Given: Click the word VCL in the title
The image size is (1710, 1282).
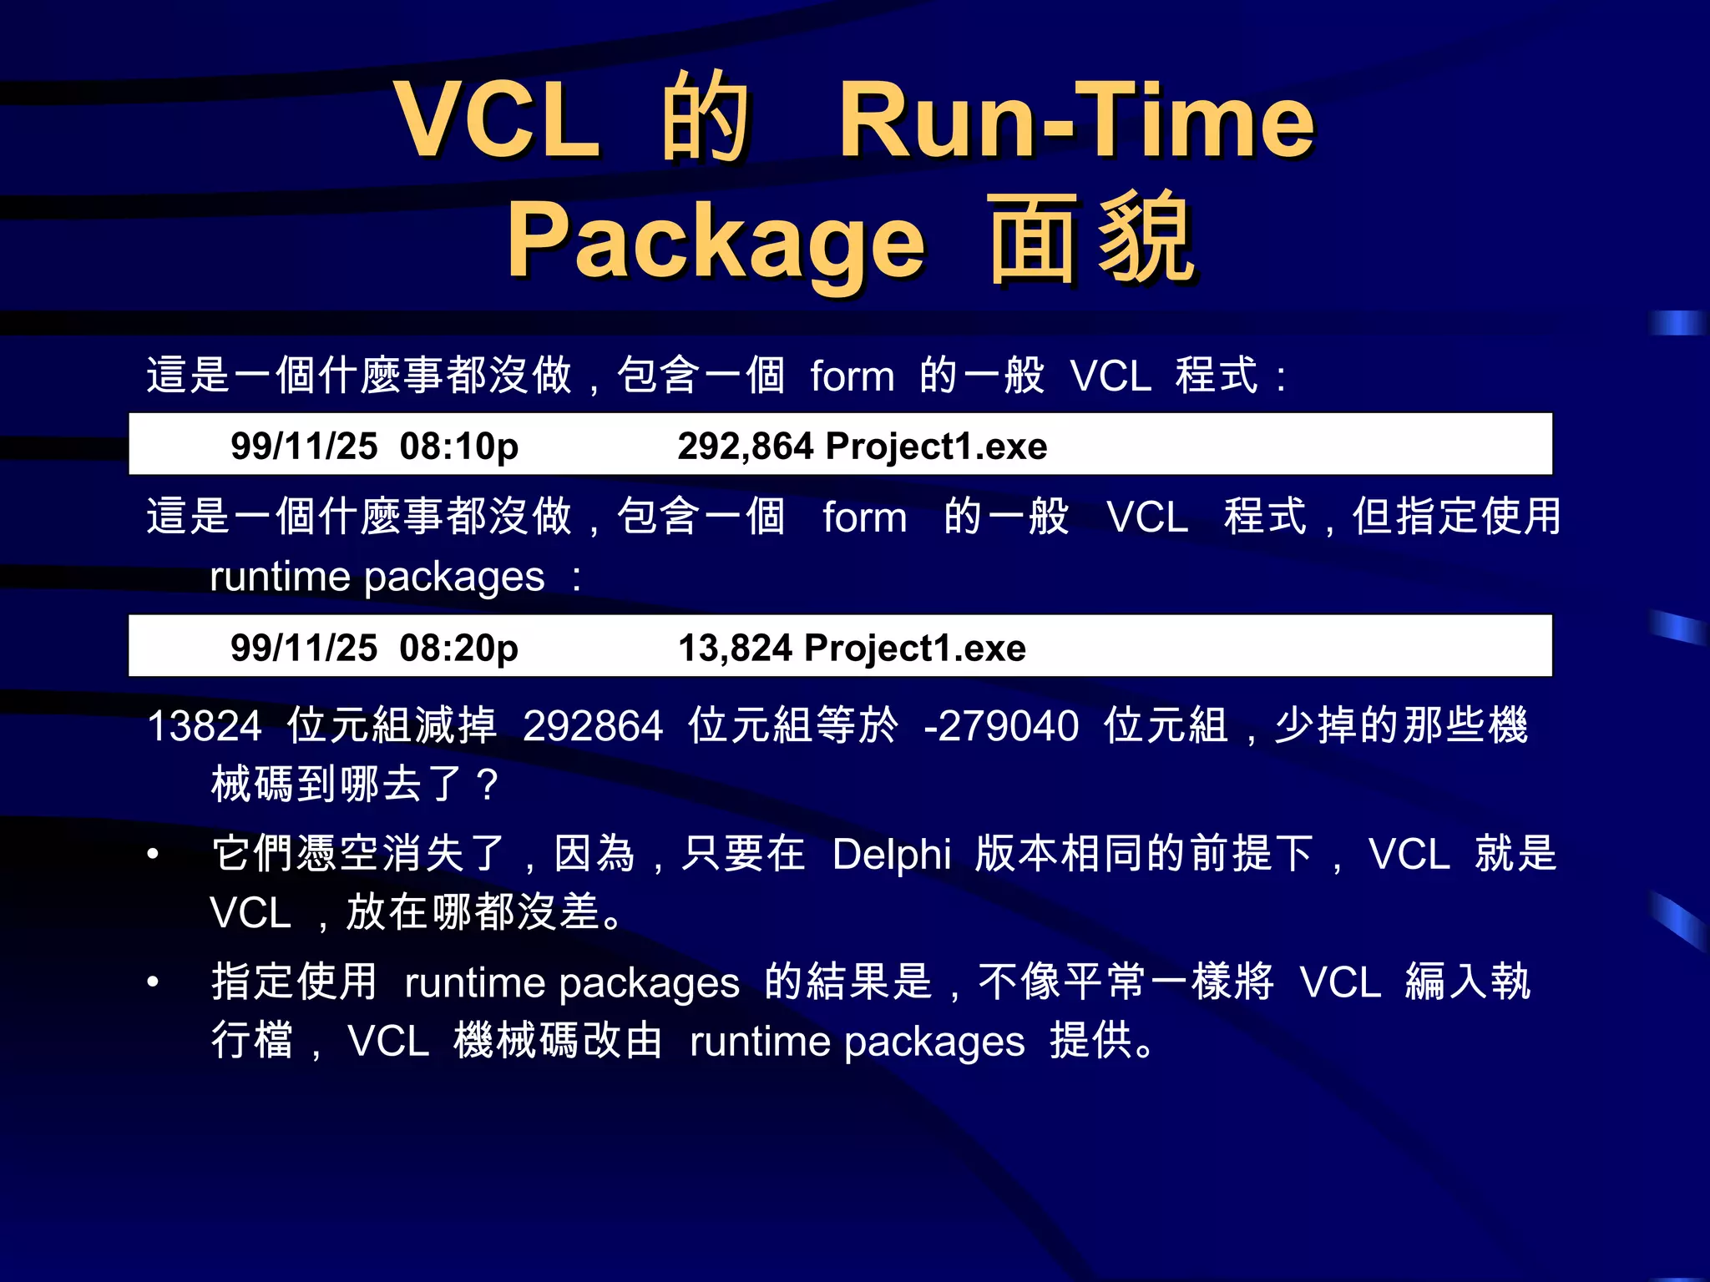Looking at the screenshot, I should (x=498, y=121).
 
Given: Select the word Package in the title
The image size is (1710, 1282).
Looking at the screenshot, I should (x=716, y=242).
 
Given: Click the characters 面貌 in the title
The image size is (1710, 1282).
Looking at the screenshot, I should (x=1091, y=240).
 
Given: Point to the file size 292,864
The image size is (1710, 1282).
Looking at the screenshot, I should (x=745, y=446).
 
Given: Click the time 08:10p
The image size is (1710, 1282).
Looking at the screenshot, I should (x=458, y=447).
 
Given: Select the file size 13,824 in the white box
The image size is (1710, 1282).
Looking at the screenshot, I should (x=735, y=648).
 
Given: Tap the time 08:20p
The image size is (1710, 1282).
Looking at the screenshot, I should (x=458, y=649).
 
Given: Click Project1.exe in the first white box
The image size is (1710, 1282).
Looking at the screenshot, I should (x=936, y=447).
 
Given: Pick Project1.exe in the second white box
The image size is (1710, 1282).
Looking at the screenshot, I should (x=915, y=649).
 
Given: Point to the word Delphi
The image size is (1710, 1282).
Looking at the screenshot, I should (x=892, y=855).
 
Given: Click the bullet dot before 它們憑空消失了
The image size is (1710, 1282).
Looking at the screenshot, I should (x=153, y=854).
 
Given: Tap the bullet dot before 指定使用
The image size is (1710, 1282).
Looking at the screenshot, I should (x=153, y=982).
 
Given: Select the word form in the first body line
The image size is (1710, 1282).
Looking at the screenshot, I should (x=852, y=376).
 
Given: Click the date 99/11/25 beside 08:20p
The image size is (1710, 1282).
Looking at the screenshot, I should (x=304, y=649).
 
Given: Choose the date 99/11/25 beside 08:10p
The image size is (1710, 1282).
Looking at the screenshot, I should (x=304, y=447).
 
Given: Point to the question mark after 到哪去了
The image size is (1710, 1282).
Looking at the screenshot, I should (x=486, y=785).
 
